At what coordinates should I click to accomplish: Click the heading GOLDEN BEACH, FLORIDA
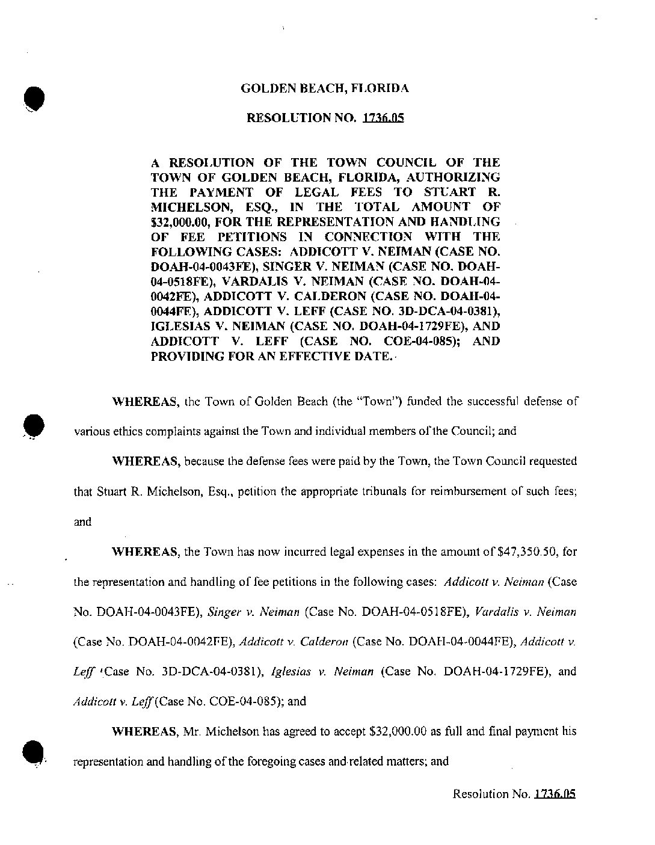click(x=325, y=88)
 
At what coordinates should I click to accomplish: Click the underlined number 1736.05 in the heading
click(x=383, y=118)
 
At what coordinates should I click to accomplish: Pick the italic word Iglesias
click(x=291, y=672)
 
